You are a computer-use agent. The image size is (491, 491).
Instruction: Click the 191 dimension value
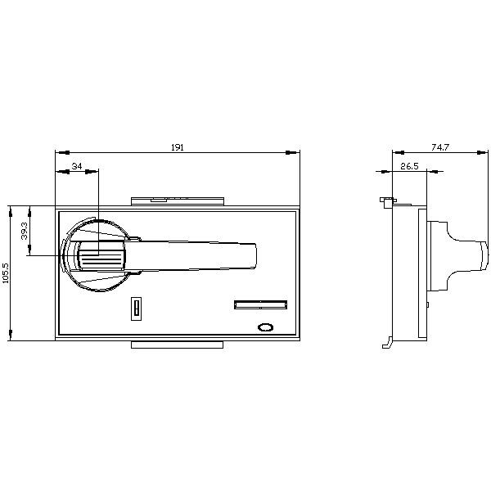tap(178, 147)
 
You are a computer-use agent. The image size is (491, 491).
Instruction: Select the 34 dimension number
tap(77, 166)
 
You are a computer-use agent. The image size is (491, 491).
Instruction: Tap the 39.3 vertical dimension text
tap(25, 231)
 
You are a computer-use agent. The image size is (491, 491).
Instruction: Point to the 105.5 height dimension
tap(6, 273)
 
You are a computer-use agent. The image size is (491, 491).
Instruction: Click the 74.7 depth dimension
tap(440, 147)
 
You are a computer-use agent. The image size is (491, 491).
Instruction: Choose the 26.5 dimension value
tap(409, 166)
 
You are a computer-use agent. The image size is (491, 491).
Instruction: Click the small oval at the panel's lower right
tap(265, 327)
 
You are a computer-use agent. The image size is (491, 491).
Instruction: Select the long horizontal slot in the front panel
tap(260, 304)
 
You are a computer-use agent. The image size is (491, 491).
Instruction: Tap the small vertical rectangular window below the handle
tap(136, 309)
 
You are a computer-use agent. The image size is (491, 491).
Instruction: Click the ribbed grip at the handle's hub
tap(101, 259)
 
